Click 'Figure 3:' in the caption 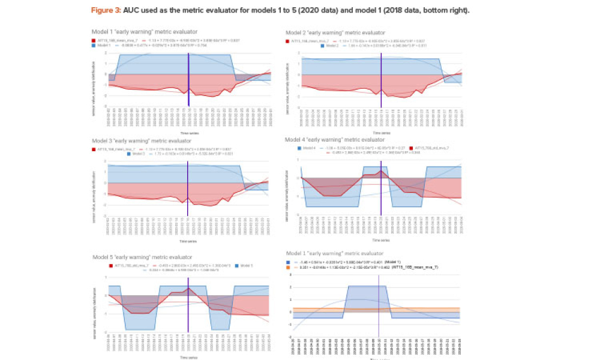[106, 11]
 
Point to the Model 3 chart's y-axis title [94, 192]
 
